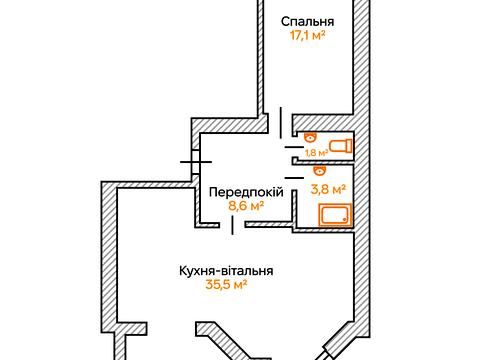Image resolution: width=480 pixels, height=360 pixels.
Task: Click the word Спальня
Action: coord(307,22)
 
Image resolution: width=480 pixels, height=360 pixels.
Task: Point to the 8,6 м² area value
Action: coord(244,207)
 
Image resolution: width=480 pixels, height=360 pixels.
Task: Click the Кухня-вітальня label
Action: coord(226,270)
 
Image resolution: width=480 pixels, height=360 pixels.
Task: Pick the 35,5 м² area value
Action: coord(226,286)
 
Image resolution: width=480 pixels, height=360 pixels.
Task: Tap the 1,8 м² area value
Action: coord(316,152)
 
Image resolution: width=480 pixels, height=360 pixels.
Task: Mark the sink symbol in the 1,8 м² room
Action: coord(309,137)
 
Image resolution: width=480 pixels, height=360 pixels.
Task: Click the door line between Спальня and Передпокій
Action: coord(281,118)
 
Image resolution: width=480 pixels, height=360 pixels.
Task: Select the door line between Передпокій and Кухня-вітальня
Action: coord(234,226)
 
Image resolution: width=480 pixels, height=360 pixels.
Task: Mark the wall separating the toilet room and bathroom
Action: coord(324,160)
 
